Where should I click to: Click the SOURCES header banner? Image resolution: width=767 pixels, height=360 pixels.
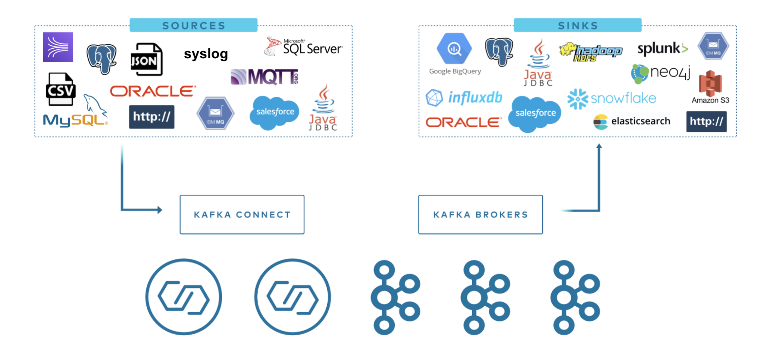click(x=193, y=25)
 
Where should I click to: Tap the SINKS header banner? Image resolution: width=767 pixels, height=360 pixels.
click(x=577, y=25)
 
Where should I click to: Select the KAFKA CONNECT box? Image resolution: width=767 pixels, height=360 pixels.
click(x=242, y=214)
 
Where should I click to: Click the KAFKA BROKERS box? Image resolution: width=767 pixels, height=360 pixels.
click(x=480, y=214)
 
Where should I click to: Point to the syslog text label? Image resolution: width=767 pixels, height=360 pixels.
click(x=206, y=54)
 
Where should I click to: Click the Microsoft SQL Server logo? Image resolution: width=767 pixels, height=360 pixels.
click(x=303, y=47)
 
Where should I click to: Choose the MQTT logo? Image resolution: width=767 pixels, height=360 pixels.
click(x=265, y=77)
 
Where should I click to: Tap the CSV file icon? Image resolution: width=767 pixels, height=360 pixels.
click(x=60, y=89)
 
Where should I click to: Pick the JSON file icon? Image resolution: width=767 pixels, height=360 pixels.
click(x=146, y=59)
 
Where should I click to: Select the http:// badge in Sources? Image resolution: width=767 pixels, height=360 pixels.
click(x=152, y=117)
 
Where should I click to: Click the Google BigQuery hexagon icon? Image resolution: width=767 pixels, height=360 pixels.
click(x=454, y=49)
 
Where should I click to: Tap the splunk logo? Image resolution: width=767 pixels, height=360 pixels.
click(x=663, y=49)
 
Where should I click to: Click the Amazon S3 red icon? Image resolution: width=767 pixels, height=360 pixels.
click(x=710, y=83)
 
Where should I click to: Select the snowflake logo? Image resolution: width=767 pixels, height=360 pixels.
click(x=612, y=98)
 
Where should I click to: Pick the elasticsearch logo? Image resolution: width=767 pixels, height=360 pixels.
click(x=632, y=122)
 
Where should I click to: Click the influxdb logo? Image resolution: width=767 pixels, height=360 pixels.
click(x=464, y=97)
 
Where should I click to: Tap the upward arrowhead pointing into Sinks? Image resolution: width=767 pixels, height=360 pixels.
click(x=599, y=146)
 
